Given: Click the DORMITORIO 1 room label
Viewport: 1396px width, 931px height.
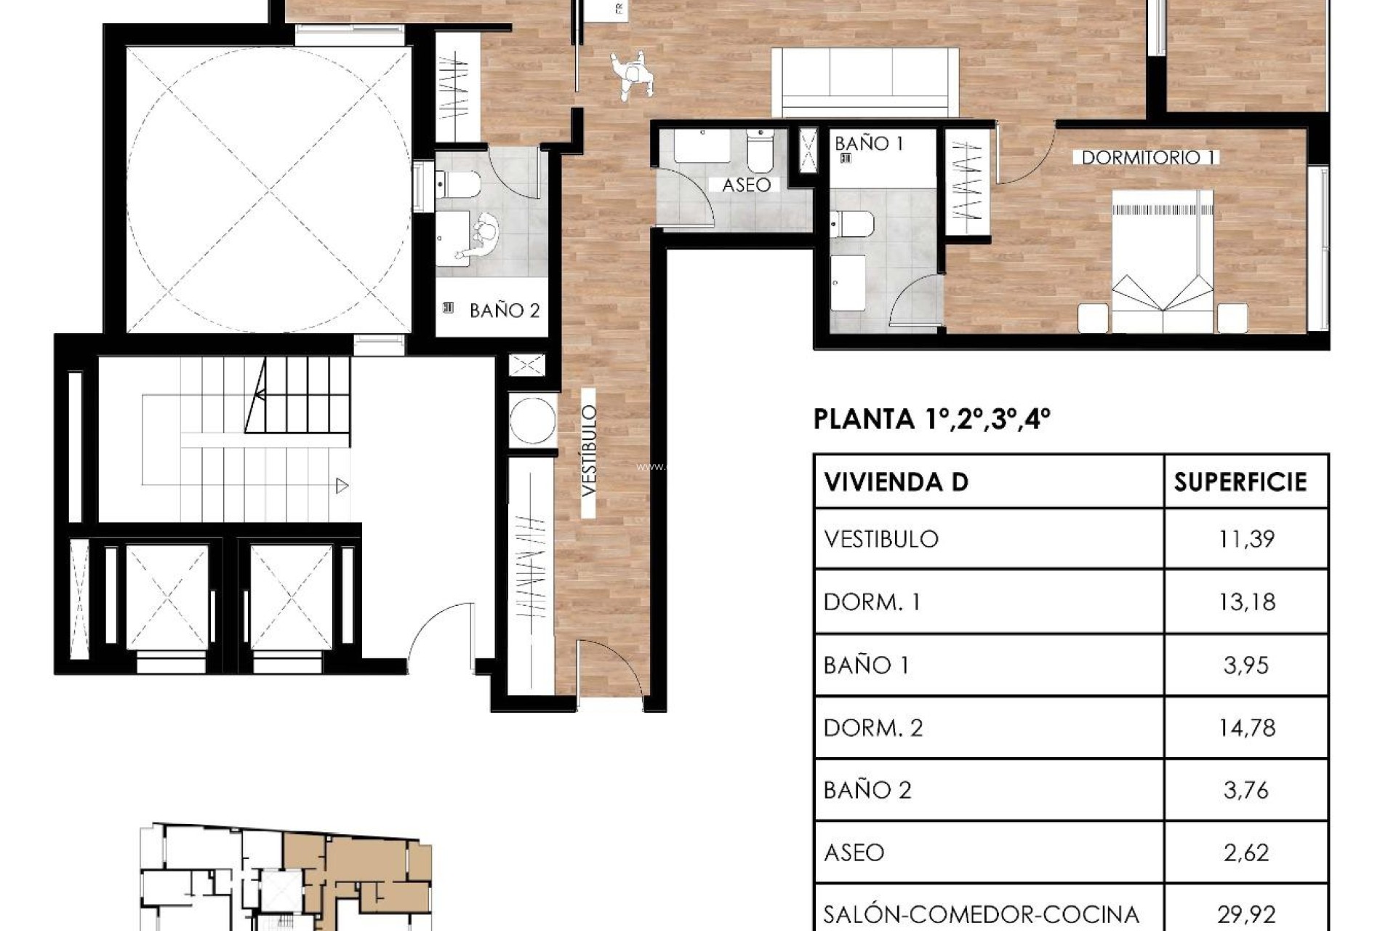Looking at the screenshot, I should tap(1149, 157).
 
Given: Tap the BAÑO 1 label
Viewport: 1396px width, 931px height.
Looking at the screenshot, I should tap(869, 143).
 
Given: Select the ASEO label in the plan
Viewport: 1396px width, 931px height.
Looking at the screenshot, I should tap(746, 185).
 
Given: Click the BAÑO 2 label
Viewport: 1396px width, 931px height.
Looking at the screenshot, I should tap(504, 311).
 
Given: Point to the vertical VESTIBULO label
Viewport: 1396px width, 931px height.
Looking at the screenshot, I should tap(589, 451).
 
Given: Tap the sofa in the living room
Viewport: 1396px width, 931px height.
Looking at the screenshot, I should tap(865, 81).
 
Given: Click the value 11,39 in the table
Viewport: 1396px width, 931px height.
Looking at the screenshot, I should tap(1246, 539).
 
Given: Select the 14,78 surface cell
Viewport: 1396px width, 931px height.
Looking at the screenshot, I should tap(1246, 727).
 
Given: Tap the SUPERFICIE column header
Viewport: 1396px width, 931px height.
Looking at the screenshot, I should tap(1240, 482).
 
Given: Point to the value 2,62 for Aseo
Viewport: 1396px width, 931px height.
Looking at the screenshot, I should tap(1246, 852).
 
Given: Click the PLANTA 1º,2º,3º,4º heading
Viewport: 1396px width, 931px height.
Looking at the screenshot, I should tap(931, 419).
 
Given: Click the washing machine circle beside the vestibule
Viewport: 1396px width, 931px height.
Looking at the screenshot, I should tap(532, 420).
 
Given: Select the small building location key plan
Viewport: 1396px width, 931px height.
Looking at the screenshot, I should tap(286, 876).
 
